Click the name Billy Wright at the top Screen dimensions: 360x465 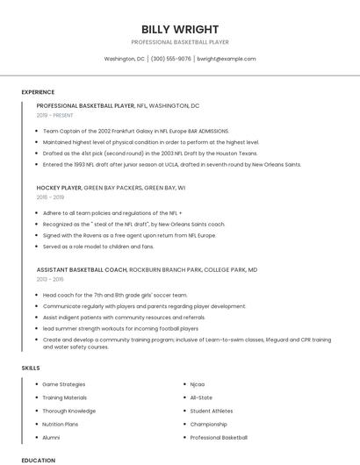tap(180, 29)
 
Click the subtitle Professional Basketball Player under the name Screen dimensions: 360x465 tap(180, 42)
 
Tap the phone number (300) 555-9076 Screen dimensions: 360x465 tap(170, 59)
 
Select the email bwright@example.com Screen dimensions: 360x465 tap(227, 59)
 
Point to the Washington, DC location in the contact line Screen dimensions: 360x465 tap(125, 59)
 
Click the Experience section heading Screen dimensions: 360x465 tap(38, 92)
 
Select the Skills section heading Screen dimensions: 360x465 tap(31, 368)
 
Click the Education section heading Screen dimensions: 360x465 tap(38, 459)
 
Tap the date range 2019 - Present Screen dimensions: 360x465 tap(55, 115)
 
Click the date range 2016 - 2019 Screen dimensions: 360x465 tap(50, 198)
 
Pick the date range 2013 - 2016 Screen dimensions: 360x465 tap(50, 280)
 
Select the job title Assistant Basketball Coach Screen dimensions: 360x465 tap(82, 269)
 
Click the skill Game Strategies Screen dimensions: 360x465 tap(64, 384)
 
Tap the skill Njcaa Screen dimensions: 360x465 tap(198, 384)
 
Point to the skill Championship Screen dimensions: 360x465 tap(209, 424)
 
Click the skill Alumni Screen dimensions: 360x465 tap(51, 437)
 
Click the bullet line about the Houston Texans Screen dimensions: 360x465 tap(149, 153)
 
